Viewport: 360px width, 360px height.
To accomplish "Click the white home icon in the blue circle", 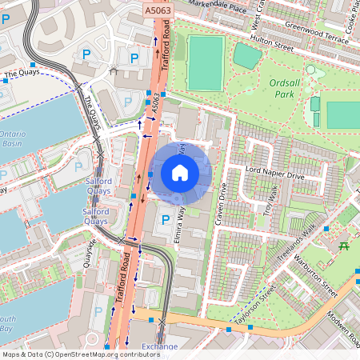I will pos(180,172).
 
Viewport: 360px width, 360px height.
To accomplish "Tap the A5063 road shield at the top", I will pos(158,10).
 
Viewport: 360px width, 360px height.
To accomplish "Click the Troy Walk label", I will pos(273,198).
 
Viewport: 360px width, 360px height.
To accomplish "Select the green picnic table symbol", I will pos(345,246).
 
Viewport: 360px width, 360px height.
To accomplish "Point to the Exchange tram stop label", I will pos(159,346).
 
